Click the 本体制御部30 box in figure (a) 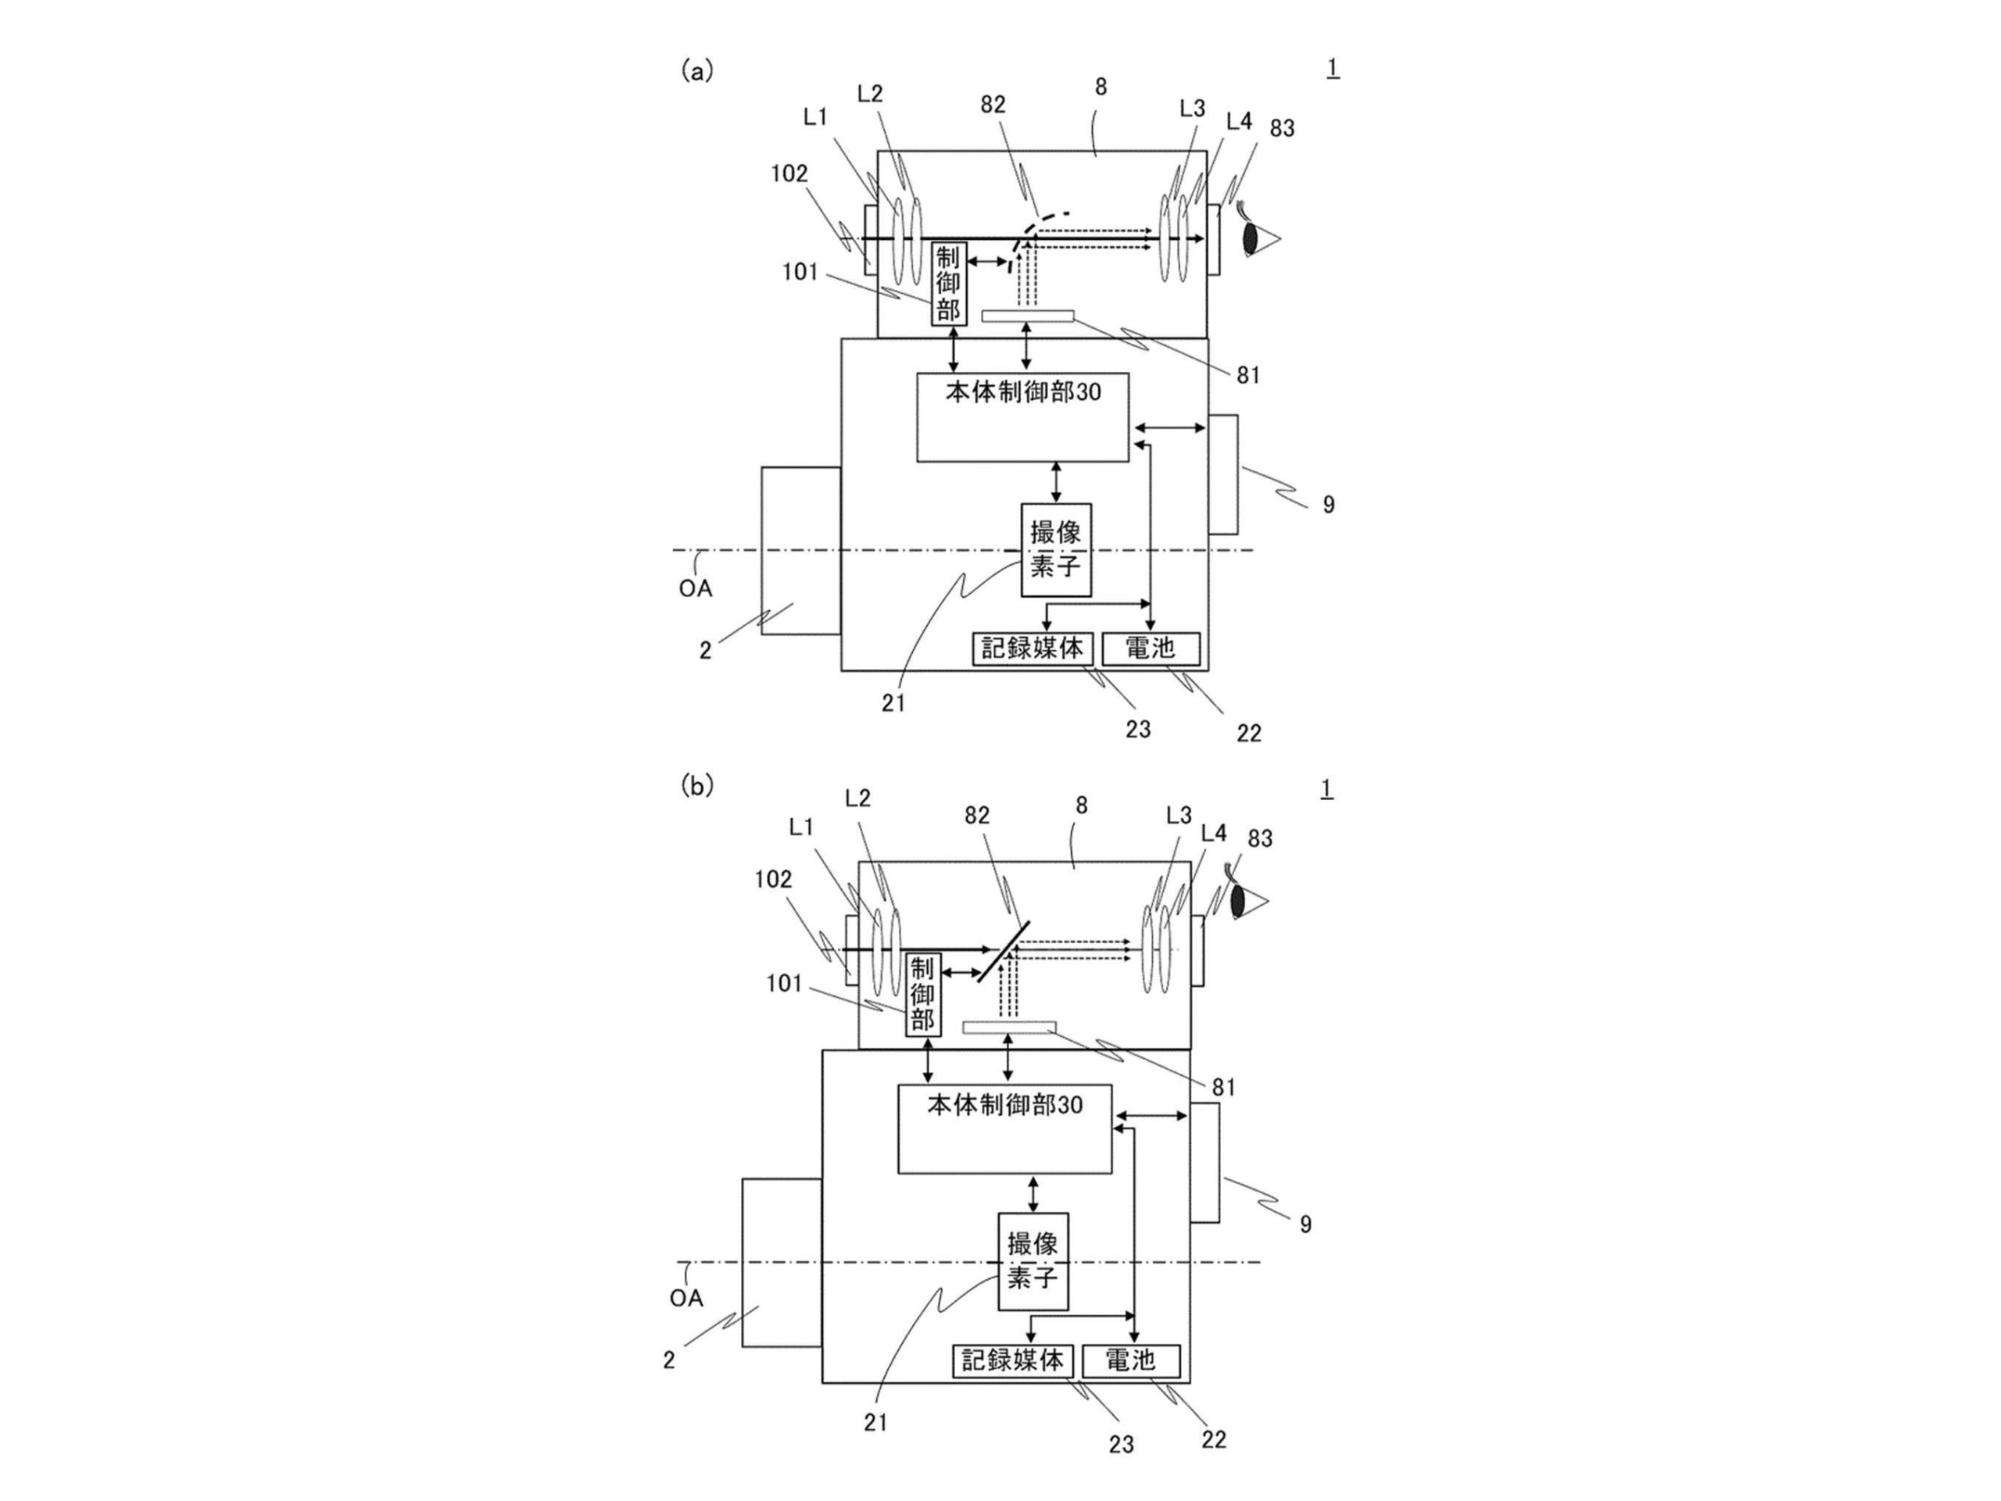pos(1023,416)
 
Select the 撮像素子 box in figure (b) pos(1033,1261)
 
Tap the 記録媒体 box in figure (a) pos(1033,649)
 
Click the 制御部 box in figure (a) pos(948,284)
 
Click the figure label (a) pos(696,70)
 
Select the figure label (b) pos(696,787)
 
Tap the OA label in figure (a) pos(696,588)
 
